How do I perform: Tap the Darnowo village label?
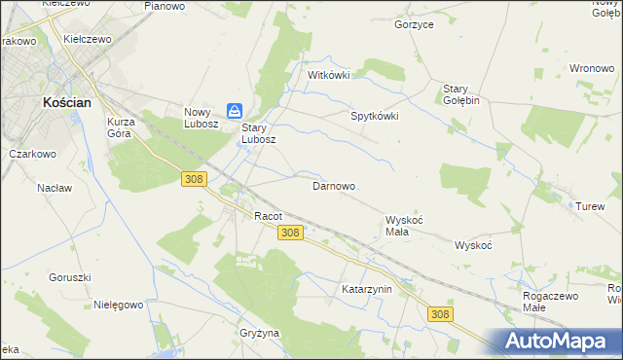[332, 185]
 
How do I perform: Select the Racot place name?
[268, 216]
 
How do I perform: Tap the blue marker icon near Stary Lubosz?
[235, 111]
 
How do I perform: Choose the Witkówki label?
[328, 74]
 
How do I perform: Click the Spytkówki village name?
[375, 115]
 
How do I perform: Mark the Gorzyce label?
[414, 24]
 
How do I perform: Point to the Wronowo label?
[590, 68]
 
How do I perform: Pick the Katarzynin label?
[366, 289]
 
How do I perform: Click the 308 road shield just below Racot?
[290, 234]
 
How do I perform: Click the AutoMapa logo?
[559, 341]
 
